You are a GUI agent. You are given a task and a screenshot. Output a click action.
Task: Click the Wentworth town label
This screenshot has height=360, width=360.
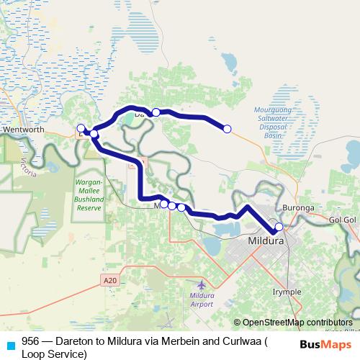[x=24, y=130]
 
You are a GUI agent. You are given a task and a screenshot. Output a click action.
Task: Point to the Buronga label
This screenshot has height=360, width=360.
[x=298, y=207]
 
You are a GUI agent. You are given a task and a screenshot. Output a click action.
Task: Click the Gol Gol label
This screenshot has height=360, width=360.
[x=343, y=218]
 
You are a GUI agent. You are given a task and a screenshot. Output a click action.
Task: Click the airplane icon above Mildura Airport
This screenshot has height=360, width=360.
[x=200, y=286]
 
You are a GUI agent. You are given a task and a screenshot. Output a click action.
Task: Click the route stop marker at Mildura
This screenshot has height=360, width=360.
[x=279, y=228]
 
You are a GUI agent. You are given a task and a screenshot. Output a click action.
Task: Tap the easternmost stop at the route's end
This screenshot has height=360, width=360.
[x=228, y=129]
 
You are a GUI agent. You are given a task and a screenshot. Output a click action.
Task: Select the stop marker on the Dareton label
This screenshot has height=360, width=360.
[x=156, y=112]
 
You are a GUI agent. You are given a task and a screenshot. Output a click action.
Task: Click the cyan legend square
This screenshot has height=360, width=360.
[x=10, y=345]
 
